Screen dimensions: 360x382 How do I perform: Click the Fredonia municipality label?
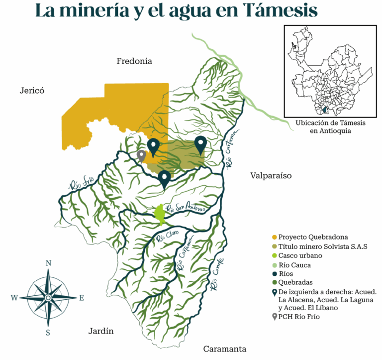click(134, 61)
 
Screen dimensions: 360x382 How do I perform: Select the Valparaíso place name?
click(271, 176)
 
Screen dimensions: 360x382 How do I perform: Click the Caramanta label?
click(224, 349)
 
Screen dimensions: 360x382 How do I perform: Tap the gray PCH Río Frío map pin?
click(141, 155)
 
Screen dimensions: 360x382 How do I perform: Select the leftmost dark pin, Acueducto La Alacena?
click(154, 145)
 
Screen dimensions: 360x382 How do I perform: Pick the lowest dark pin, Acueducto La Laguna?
click(164, 178)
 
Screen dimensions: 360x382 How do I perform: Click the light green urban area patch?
click(160, 214)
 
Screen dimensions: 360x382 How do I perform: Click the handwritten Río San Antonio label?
click(186, 210)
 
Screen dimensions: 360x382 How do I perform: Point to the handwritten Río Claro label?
click(167, 238)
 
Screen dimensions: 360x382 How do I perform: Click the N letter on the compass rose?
click(48, 263)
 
